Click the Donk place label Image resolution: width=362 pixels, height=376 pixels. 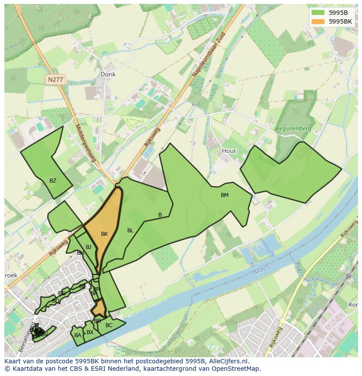pos(108,74)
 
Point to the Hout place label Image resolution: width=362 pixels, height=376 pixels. pos(229,151)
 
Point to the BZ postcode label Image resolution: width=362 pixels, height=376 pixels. pos(52,180)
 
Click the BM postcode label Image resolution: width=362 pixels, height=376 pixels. pos(224,195)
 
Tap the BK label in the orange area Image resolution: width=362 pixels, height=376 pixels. pos(104,234)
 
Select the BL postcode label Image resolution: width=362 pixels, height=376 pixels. pos(130,231)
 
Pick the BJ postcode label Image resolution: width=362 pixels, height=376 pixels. pos(88,247)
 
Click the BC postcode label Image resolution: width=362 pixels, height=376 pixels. pos(109,325)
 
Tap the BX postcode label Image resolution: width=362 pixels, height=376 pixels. pos(90,332)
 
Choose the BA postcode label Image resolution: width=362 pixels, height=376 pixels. pos(77,335)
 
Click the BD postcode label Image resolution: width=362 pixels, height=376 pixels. pos(56,301)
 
